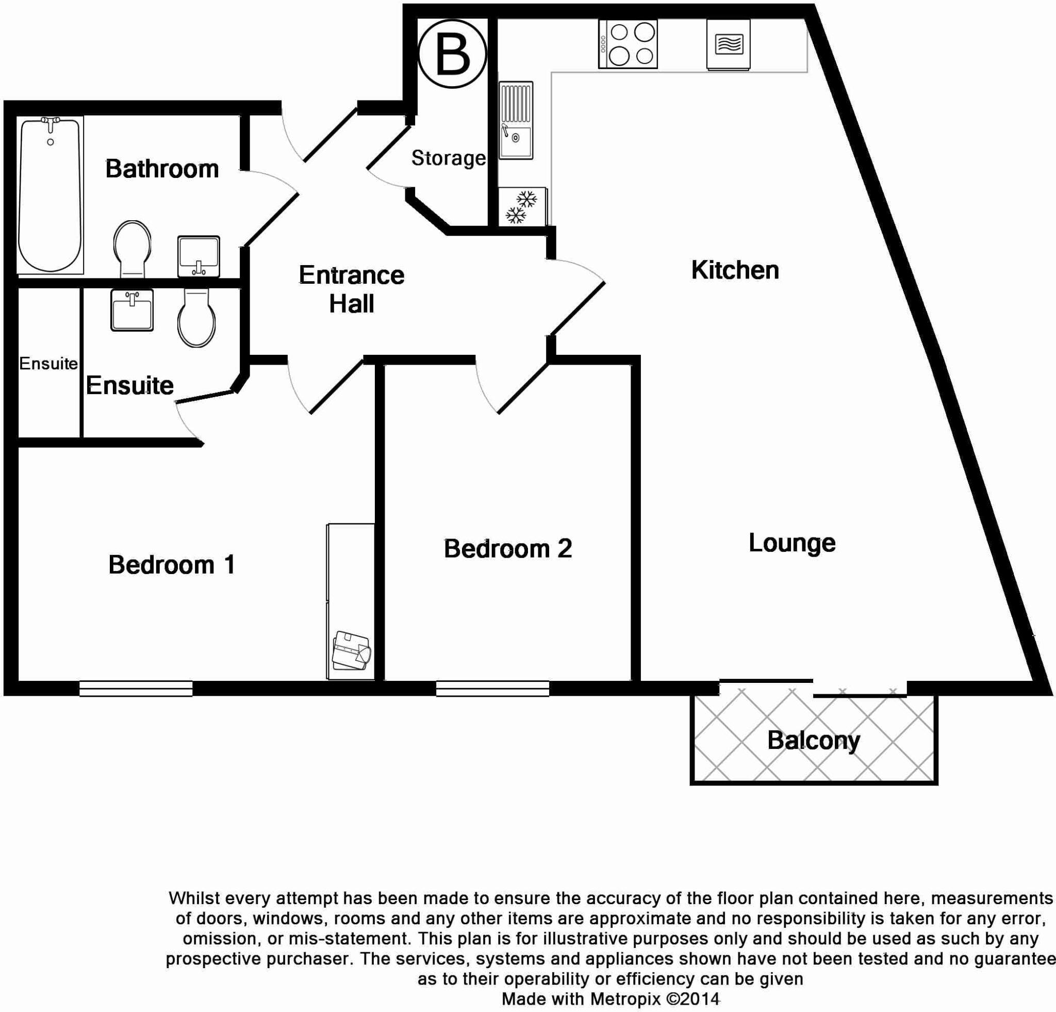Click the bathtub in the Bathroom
pos(50,195)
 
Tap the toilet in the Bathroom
pos(132,249)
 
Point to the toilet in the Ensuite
pos(196,318)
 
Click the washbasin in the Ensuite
pos(132,310)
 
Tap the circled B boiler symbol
pos(452,54)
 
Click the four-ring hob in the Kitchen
pos(628,44)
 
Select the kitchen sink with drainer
pos(516,120)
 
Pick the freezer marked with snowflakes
pos(521,207)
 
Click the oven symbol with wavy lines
pos(729,44)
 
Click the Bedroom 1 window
pos(136,688)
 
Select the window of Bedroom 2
pos(492,688)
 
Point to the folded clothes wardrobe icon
pos(351,650)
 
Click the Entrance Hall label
pos(351,289)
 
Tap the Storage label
pos(448,158)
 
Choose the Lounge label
pos(792,543)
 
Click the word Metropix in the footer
pos(625,999)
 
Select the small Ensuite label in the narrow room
pos(48,364)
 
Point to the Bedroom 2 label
pos(507,549)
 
